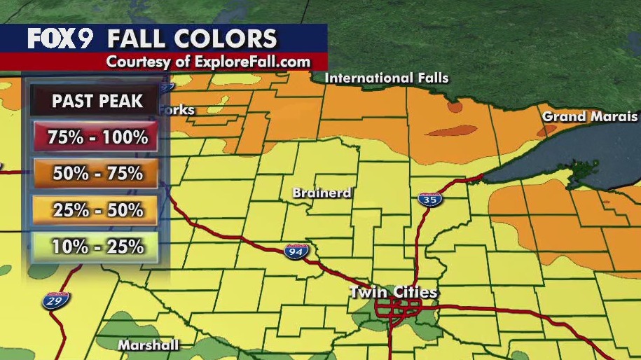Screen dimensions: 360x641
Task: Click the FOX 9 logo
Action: coord(60,38)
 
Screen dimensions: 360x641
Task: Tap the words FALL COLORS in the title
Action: coord(192,38)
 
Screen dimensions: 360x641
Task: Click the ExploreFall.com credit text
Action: coord(208,62)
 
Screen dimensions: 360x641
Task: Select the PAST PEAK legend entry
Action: coord(97,101)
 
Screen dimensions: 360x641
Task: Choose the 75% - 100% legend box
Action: coord(97,137)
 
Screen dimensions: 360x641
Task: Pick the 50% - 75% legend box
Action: coord(97,172)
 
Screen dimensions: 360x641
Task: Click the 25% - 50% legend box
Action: coord(97,209)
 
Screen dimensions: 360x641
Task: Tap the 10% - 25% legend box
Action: coord(97,246)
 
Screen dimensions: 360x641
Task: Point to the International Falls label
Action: coord(386,78)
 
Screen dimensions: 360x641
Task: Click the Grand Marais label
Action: coord(590,116)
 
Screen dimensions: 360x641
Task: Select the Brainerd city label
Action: coord(322,193)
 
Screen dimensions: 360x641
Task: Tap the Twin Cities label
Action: coord(394,292)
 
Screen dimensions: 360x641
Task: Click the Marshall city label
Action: coord(148,345)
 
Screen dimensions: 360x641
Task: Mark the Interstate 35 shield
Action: coord(429,200)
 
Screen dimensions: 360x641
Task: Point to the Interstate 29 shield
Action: coord(53,301)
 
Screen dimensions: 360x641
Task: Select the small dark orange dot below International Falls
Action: coord(455,108)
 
